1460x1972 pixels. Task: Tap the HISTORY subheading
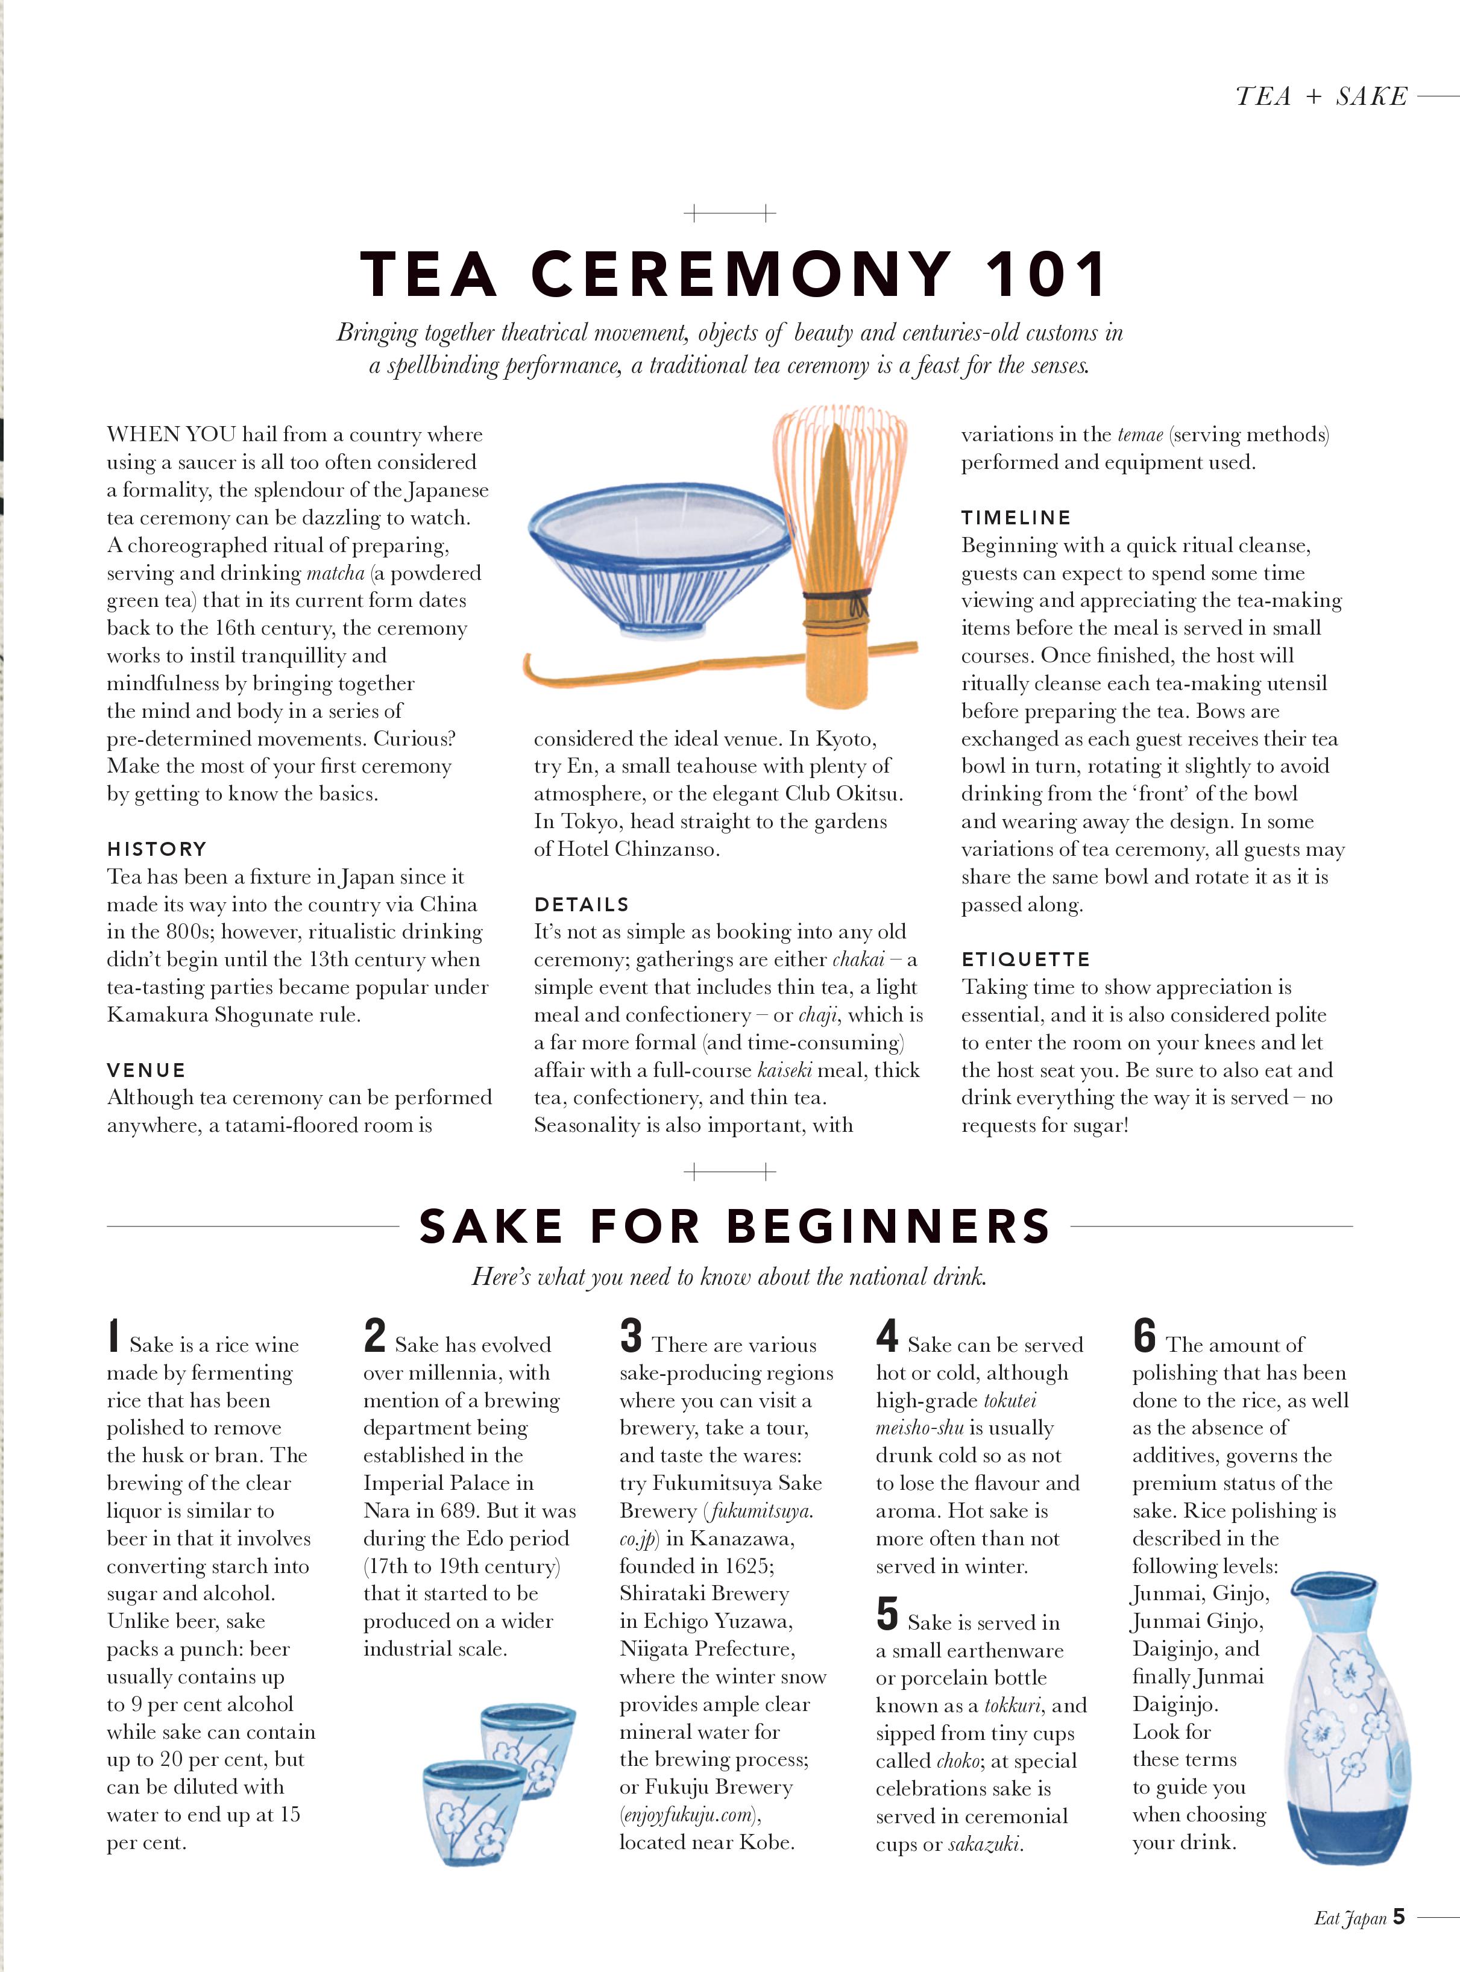click(x=157, y=849)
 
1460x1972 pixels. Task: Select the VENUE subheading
click(x=146, y=1070)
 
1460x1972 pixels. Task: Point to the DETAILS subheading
click(x=582, y=904)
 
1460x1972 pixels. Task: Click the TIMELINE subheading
click(x=1016, y=518)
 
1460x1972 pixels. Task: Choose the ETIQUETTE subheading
click(x=1025, y=959)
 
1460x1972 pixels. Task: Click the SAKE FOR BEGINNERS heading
click(x=734, y=1226)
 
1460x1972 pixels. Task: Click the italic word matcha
click(x=335, y=573)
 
